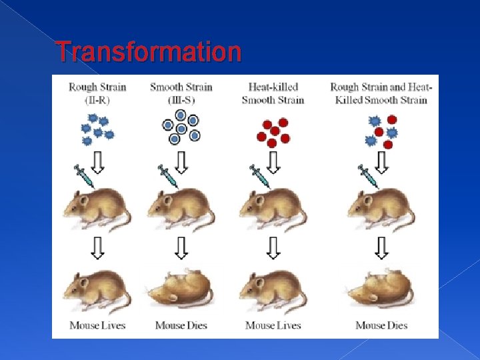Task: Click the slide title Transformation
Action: tap(148, 51)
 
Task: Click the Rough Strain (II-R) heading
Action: tap(97, 93)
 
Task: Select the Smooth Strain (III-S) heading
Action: tap(181, 93)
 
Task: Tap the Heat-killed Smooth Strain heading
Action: tap(273, 93)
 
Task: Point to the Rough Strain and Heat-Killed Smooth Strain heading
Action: tap(381, 93)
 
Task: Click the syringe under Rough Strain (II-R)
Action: tap(84, 176)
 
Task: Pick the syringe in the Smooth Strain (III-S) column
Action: tap(167, 176)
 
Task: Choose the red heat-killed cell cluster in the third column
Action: tap(273, 131)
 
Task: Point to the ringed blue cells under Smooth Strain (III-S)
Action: tap(181, 127)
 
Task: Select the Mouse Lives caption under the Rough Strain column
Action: tap(97, 325)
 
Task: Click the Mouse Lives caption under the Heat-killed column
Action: tap(273, 325)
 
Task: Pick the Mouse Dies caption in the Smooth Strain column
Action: tap(181, 325)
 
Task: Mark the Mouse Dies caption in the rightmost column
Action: tap(381, 325)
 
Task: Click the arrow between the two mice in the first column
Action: tap(97, 248)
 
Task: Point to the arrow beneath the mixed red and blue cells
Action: tap(381, 162)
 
